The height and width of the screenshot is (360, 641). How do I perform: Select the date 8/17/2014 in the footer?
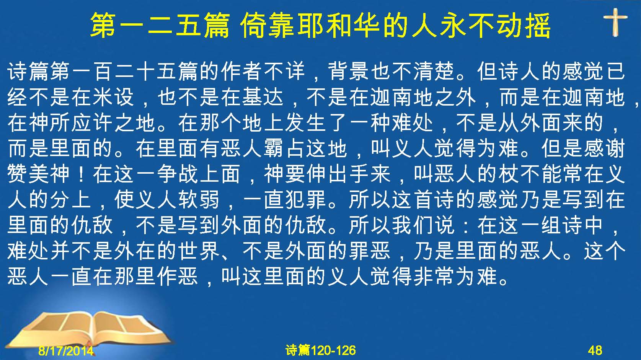point(66,350)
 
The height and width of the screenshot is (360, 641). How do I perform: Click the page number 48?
point(595,350)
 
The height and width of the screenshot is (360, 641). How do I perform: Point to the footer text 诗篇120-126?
point(321,350)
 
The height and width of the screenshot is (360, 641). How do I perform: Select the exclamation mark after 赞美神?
point(81,174)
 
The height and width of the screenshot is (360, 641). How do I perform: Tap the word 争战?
point(178,174)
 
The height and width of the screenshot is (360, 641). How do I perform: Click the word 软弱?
point(199,199)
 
